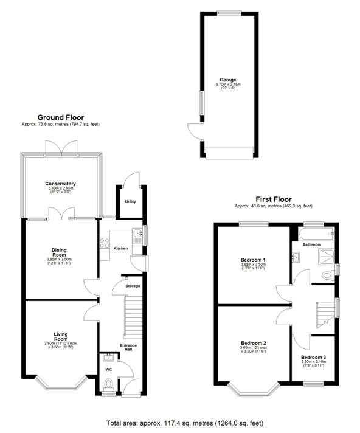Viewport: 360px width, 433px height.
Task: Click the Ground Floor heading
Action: point(61,117)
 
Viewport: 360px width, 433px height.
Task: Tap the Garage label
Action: point(229,79)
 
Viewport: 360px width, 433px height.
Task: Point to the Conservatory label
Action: point(60,183)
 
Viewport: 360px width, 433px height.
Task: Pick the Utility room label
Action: point(130,201)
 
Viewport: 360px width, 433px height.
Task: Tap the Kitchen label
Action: point(120,248)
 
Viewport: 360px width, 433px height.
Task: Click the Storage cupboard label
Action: point(132,285)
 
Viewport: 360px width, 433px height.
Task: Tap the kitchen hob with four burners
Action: point(104,243)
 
